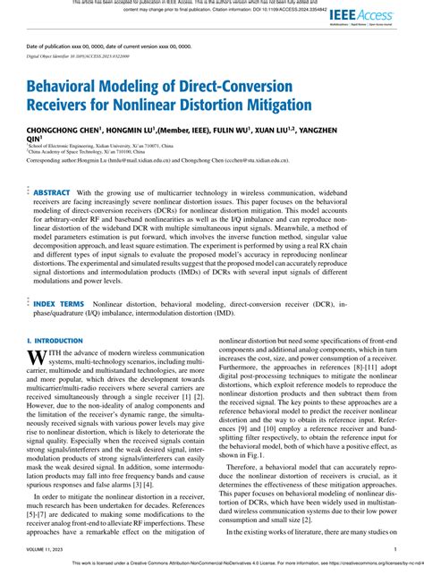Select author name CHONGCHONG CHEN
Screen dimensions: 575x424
click(x=65, y=130)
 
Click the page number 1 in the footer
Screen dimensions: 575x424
click(x=395, y=550)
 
